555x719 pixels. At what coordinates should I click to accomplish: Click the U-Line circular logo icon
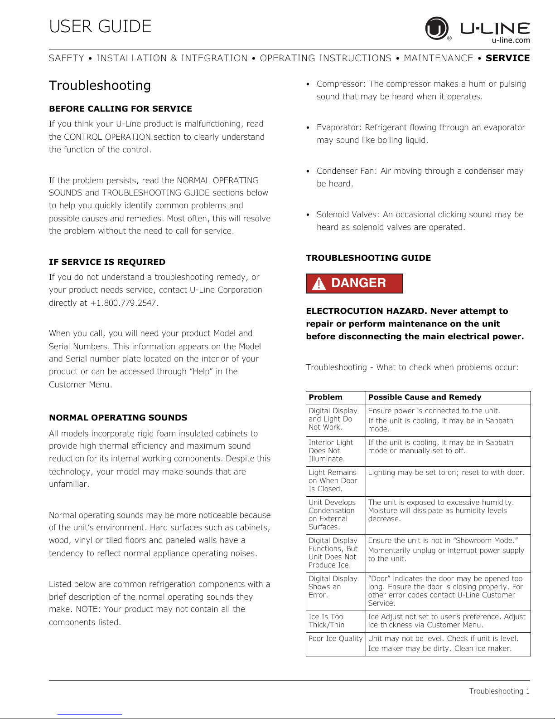437,28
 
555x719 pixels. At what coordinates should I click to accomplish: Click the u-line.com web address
511,40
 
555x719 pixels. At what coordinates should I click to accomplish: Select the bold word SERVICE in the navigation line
507,58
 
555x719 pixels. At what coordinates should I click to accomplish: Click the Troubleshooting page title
100,85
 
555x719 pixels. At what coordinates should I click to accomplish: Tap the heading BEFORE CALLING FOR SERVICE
121,109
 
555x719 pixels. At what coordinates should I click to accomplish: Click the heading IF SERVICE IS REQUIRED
107,262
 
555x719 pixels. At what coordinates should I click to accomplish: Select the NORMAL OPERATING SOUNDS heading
118,418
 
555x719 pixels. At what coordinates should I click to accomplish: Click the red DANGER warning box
354,284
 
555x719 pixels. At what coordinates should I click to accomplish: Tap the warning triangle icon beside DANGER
319,284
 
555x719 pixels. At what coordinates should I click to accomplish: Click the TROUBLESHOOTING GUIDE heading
368,258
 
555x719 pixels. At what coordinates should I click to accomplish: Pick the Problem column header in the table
325,397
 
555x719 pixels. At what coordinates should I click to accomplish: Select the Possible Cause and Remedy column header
425,397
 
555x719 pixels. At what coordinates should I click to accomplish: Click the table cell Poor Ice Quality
335,639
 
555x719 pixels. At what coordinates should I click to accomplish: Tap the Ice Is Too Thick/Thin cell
326,621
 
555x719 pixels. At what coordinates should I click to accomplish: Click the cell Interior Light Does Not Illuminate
331,451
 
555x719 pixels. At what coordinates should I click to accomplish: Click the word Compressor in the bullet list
340,84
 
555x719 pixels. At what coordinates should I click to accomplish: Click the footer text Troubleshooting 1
499,691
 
